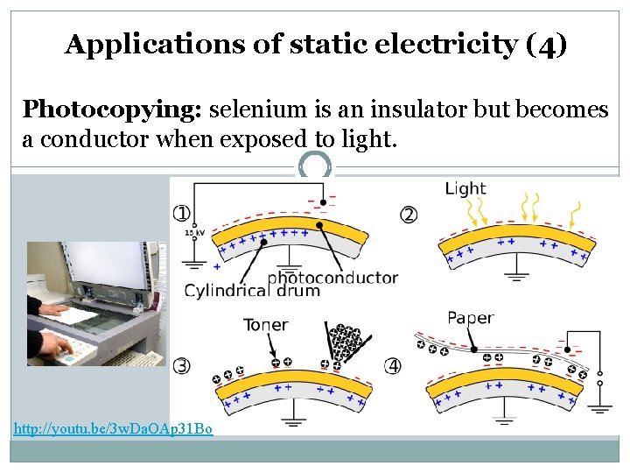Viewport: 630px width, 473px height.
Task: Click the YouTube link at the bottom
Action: click(113, 429)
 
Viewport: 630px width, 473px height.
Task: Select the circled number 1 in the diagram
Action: click(182, 213)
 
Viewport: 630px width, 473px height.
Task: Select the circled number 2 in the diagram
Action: click(409, 215)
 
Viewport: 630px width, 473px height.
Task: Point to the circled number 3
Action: click(182, 365)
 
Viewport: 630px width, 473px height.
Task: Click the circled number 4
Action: click(393, 365)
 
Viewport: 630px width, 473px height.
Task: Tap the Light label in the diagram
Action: click(465, 188)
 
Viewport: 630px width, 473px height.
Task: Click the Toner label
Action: click(265, 325)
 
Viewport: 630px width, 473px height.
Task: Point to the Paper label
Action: click(471, 318)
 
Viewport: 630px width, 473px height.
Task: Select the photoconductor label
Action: click(332, 279)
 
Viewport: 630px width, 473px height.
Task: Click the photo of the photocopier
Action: click(95, 302)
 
